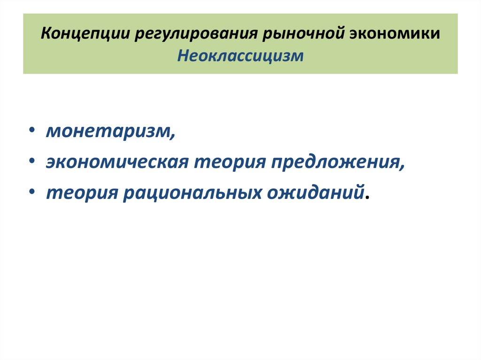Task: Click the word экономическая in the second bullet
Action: [117, 162]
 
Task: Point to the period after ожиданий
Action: [367, 198]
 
